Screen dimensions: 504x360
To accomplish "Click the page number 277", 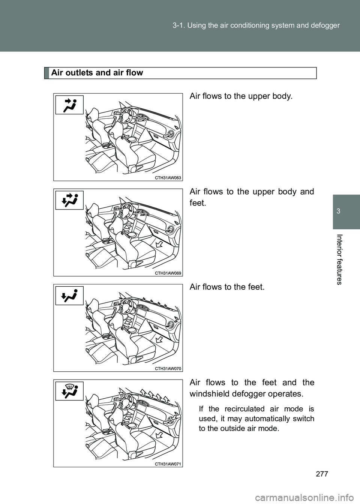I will click(322, 473).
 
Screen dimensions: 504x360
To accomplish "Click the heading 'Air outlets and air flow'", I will click(97, 73).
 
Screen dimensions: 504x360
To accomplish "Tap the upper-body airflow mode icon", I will click(69, 105).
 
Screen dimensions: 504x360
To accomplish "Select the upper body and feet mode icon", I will click(69, 200).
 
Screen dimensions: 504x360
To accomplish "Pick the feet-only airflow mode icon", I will click(69, 295).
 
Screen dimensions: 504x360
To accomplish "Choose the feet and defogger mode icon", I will click(69, 391).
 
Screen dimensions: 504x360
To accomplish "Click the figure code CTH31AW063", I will click(168, 178).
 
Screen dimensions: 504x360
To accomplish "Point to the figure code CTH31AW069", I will click(168, 273).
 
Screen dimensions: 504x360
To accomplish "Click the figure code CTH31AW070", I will click(168, 368).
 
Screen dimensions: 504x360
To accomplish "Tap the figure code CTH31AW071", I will click(168, 464).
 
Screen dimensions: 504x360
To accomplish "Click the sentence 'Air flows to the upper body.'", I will click(240, 96).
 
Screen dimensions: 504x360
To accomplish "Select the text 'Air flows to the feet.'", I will click(227, 287).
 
